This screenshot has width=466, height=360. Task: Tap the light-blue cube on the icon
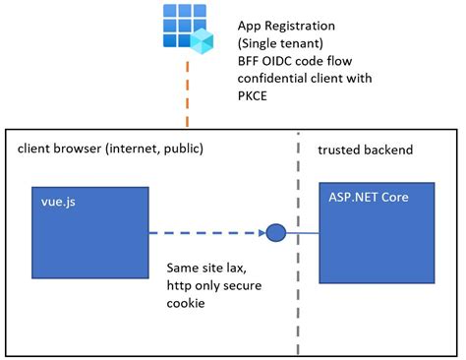pos(202,40)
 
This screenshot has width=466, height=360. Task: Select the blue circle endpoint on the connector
pos(276,234)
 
